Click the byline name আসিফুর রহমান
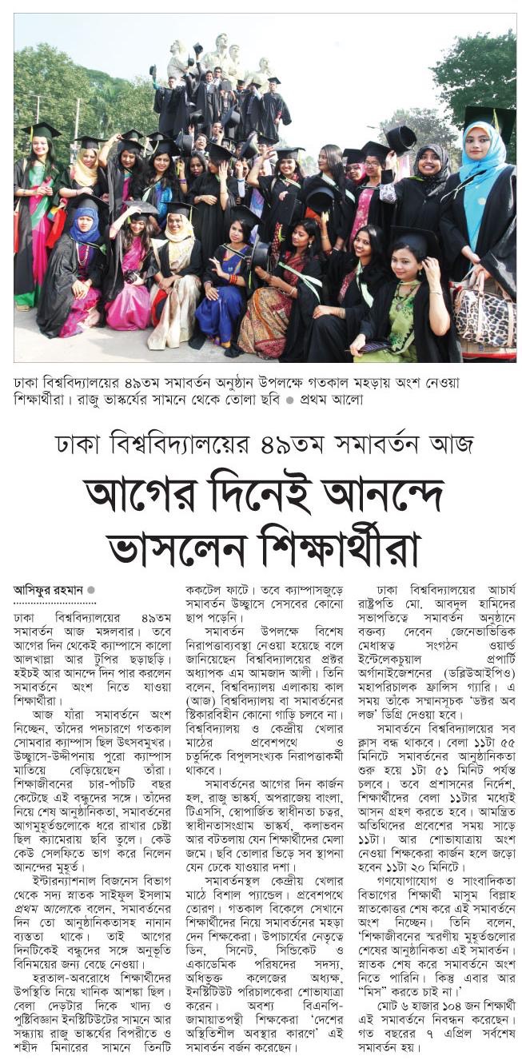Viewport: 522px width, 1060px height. pyautogui.click(x=48, y=590)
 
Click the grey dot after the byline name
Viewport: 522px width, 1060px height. pyautogui.click(x=91, y=590)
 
